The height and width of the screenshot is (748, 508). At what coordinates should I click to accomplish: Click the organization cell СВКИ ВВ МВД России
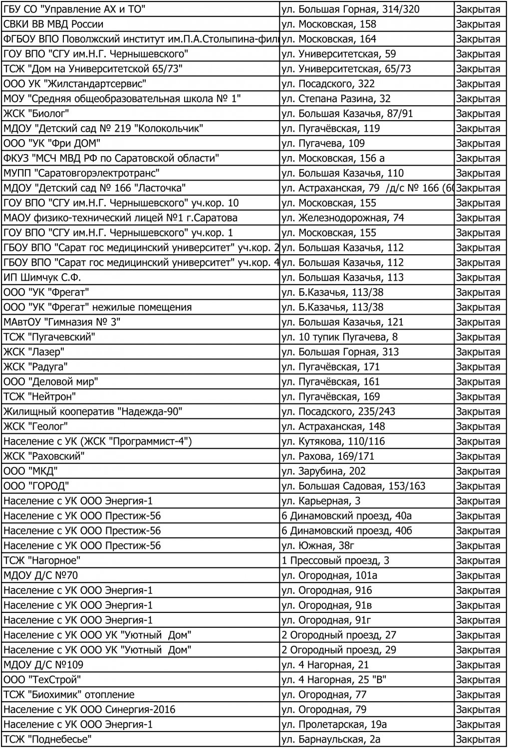pos(53,24)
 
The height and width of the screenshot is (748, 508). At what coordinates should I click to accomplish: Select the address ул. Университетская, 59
pos(339,54)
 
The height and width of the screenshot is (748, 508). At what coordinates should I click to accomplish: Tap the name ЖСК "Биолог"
pos(36,113)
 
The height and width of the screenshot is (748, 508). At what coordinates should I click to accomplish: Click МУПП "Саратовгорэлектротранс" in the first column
pos(81,173)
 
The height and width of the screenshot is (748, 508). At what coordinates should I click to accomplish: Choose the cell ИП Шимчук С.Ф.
pos(42,277)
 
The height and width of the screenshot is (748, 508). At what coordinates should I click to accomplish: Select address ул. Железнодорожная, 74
pos(343,218)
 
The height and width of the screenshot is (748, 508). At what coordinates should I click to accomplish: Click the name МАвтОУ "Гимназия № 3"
pos(62,322)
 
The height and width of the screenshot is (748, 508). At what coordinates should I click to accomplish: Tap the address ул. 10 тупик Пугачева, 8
pos(339,337)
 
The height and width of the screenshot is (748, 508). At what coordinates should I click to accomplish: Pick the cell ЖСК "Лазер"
pos(34,352)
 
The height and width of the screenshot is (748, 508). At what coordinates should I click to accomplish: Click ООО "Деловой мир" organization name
pos(51,381)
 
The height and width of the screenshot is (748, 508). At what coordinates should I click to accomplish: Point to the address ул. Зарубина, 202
pos(323,471)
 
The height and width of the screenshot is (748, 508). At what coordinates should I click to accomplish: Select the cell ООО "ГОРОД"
pos(36,486)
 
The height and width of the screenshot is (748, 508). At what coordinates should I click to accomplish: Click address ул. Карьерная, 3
pos(321,501)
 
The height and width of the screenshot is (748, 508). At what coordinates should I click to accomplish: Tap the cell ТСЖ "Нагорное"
pos(42,561)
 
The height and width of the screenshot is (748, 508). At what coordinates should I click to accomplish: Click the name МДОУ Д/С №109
pos(43,665)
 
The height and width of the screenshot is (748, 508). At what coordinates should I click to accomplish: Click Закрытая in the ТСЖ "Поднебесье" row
pos(478,739)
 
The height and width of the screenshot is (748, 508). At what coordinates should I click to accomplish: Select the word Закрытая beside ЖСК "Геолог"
pos(478,426)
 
